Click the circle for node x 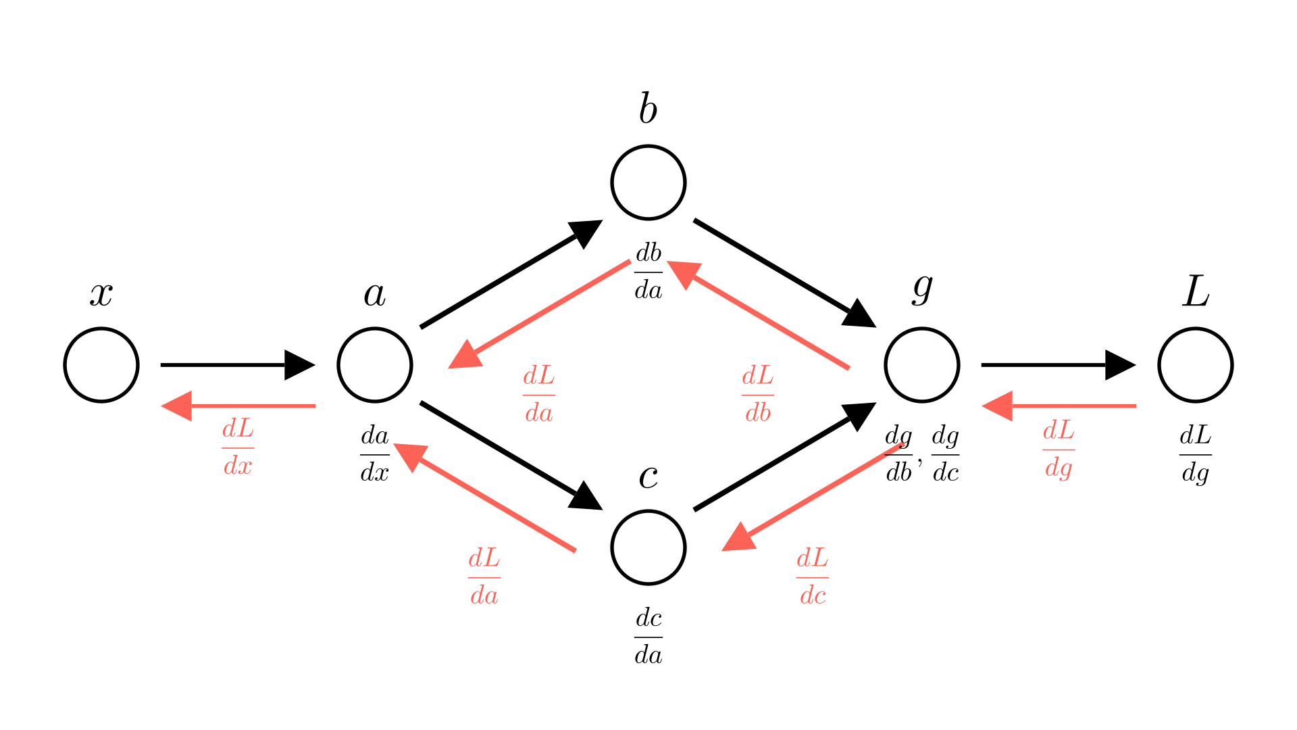point(101,365)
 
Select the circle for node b point(648,182)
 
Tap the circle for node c point(648,547)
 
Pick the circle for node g point(922,365)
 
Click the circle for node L point(1196,365)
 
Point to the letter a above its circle point(374,295)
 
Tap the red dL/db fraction point(758,395)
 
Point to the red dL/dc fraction point(813,577)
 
